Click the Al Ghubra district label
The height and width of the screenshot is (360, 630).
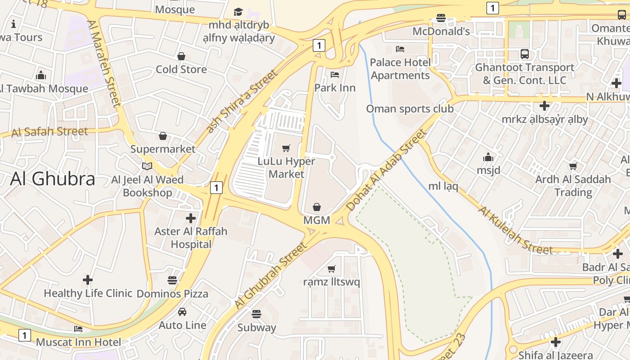[x=52, y=179]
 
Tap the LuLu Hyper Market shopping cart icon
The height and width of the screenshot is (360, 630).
[x=286, y=148]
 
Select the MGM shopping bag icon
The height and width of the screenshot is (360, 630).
[x=317, y=207]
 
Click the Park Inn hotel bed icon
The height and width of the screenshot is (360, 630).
[x=334, y=74]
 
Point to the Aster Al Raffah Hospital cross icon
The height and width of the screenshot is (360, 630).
[x=191, y=218]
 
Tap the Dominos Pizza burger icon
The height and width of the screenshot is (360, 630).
[x=172, y=280]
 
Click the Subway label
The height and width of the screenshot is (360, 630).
[x=256, y=327]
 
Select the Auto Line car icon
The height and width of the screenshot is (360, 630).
[x=182, y=311]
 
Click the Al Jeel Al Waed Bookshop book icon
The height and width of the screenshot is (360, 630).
[x=147, y=166]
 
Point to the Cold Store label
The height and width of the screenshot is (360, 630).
[x=181, y=69]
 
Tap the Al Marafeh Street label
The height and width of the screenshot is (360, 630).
[x=104, y=63]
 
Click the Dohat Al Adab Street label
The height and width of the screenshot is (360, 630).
[x=386, y=170]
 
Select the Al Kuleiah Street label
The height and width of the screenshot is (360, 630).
[x=515, y=230]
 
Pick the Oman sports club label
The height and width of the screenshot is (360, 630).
[x=409, y=108]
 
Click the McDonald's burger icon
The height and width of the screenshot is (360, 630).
[x=441, y=18]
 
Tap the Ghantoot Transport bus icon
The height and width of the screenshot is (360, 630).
[x=525, y=54]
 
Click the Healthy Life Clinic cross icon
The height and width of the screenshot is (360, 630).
[x=88, y=280]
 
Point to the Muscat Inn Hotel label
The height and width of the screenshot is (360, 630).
[x=78, y=342]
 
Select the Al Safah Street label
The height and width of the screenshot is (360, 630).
[x=49, y=132]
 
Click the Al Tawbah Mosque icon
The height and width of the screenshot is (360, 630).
[x=41, y=75]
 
